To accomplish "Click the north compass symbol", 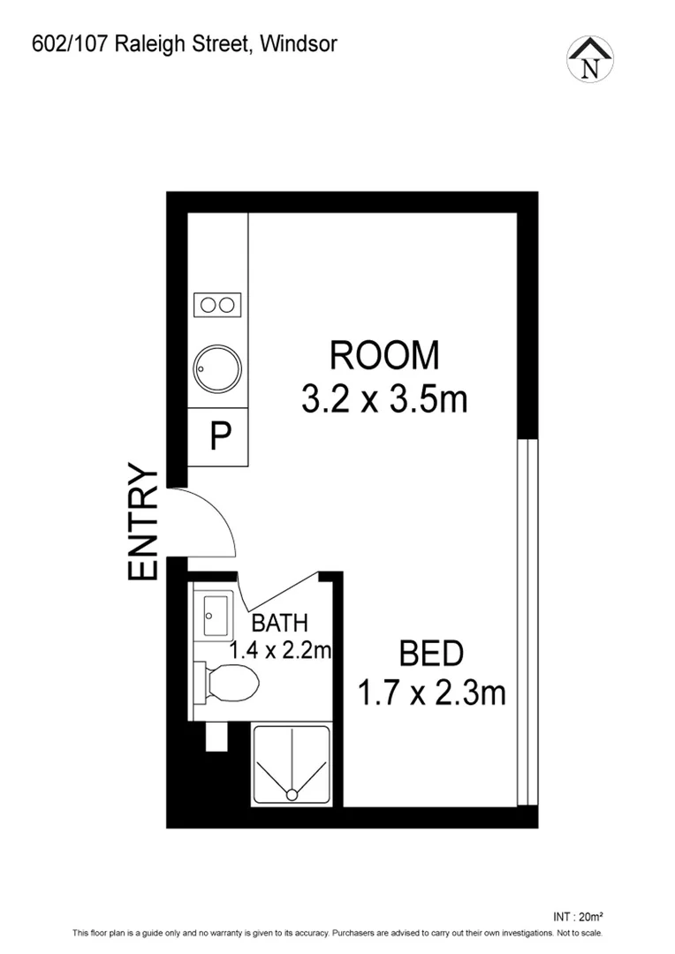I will (x=589, y=59).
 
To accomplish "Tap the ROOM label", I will (x=383, y=355).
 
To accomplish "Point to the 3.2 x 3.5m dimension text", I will (x=383, y=399).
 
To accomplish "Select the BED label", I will (x=431, y=655).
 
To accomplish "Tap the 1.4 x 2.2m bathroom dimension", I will (x=280, y=651).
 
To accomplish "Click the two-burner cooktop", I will (x=217, y=305).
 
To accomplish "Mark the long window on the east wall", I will (x=527, y=623).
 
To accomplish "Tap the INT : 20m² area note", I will (x=576, y=917).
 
